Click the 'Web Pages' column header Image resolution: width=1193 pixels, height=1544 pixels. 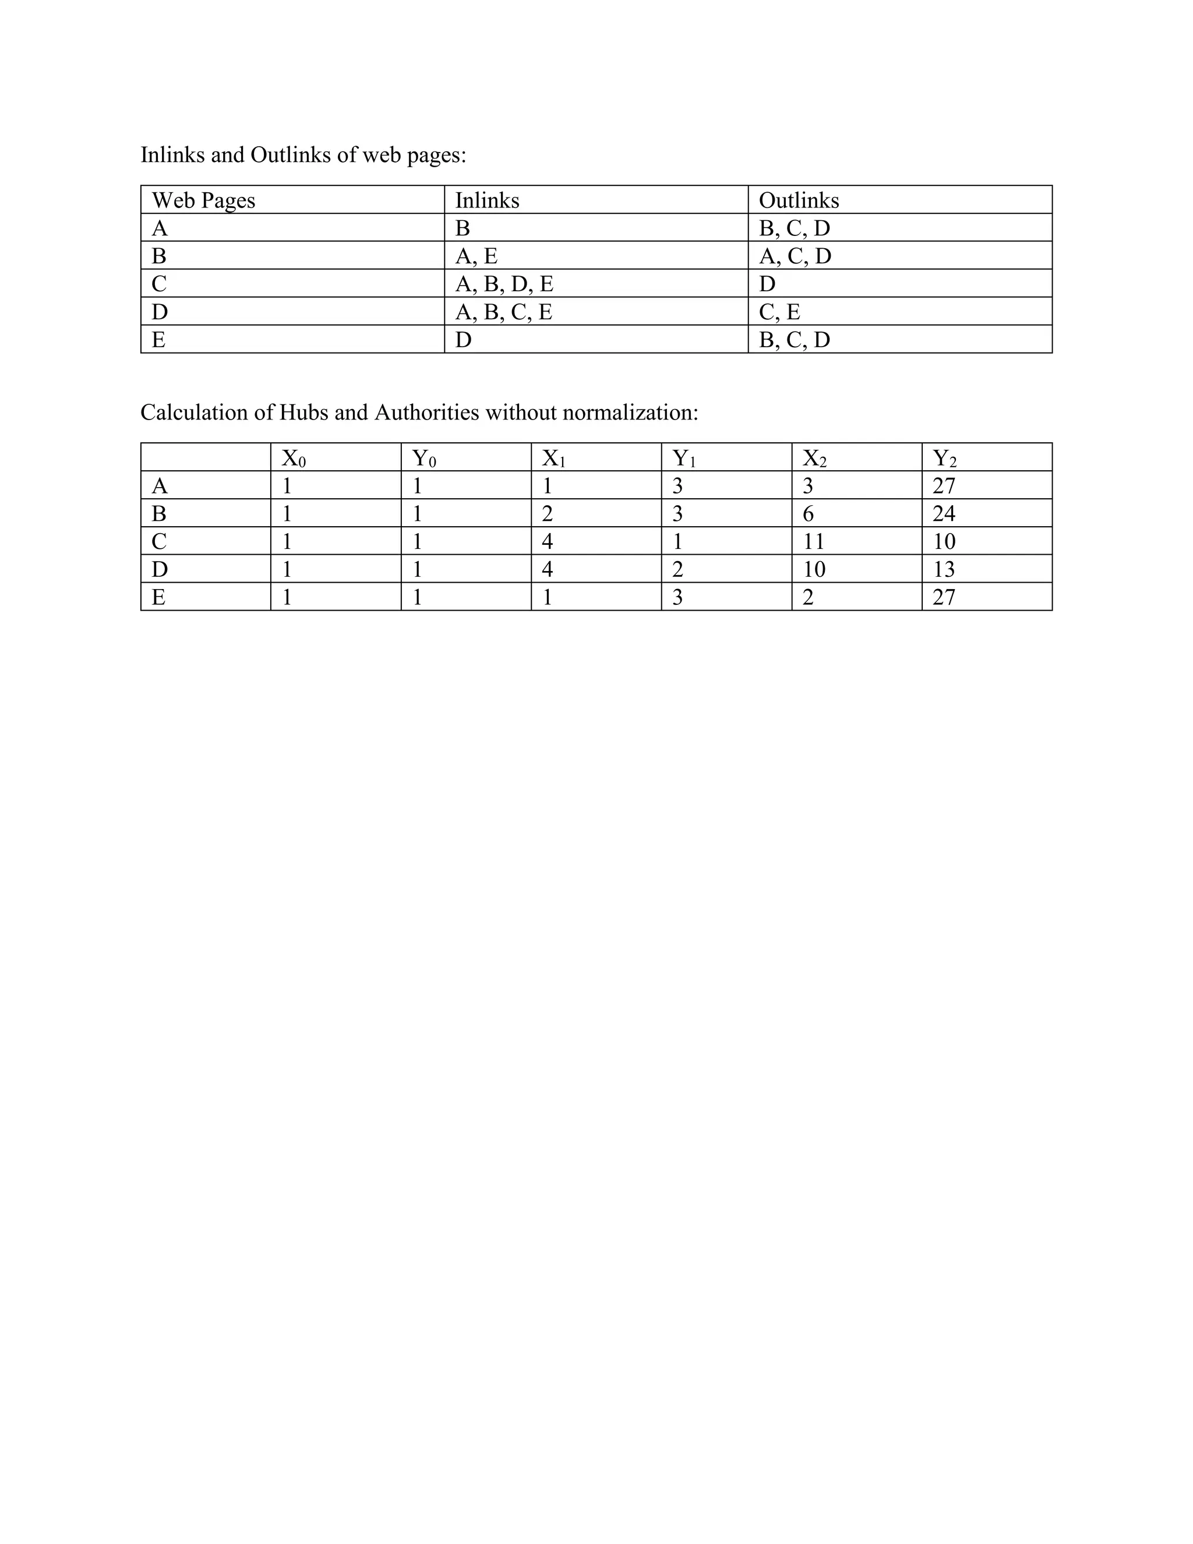click(x=203, y=201)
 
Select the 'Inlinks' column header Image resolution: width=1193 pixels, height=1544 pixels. click(x=487, y=201)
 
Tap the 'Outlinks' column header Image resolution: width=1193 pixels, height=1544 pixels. click(x=799, y=201)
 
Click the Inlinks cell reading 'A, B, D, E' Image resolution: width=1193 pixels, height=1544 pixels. click(x=504, y=284)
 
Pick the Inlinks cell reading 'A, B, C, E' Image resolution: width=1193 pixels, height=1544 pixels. click(x=503, y=312)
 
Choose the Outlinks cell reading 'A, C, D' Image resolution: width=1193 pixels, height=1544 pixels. click(x=795, y=256)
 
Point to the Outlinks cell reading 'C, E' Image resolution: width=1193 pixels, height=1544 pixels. click(x=779, y=312)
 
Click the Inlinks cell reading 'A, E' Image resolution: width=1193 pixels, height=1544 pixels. click(x=477, y=256)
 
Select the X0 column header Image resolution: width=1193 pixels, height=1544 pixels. click(x=294, y=459)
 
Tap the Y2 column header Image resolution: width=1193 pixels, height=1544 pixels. click(x=944, y=459)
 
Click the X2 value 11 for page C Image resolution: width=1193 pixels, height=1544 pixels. click(x=813, y=541)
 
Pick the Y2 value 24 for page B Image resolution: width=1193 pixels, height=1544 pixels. click(x=944, y=514)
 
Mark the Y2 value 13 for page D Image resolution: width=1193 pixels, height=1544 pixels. click(x=944, y=569)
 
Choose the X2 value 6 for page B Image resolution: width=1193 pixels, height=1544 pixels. click(x=808, y=514)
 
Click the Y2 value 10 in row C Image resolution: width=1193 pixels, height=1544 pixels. click(x=944, y=541)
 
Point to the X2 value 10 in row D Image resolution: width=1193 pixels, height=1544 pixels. click(x=813, y=569)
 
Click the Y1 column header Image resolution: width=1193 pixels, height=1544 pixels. click(x=683, y=459)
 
